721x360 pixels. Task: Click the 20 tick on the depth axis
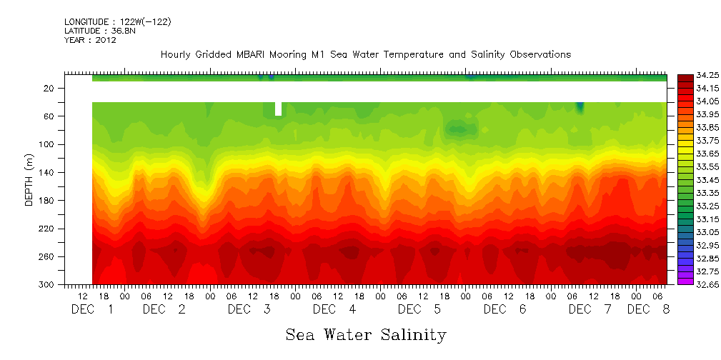pos(49,88)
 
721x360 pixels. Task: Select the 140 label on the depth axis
pos(47,172)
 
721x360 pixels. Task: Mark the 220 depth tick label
pos(47,229)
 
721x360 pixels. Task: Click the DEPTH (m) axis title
pos(29,182)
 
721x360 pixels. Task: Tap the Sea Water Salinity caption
pos(366,334)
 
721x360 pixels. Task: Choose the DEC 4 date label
pos(334,309)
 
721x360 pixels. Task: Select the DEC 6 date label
pos(504,309)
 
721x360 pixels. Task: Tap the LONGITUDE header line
pos(117,22)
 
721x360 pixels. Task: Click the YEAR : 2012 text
pos(90,40)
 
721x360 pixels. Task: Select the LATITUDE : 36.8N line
pos(99,31)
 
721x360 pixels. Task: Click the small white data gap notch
pos(278,109)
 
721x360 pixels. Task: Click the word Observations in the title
pos(539,55)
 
